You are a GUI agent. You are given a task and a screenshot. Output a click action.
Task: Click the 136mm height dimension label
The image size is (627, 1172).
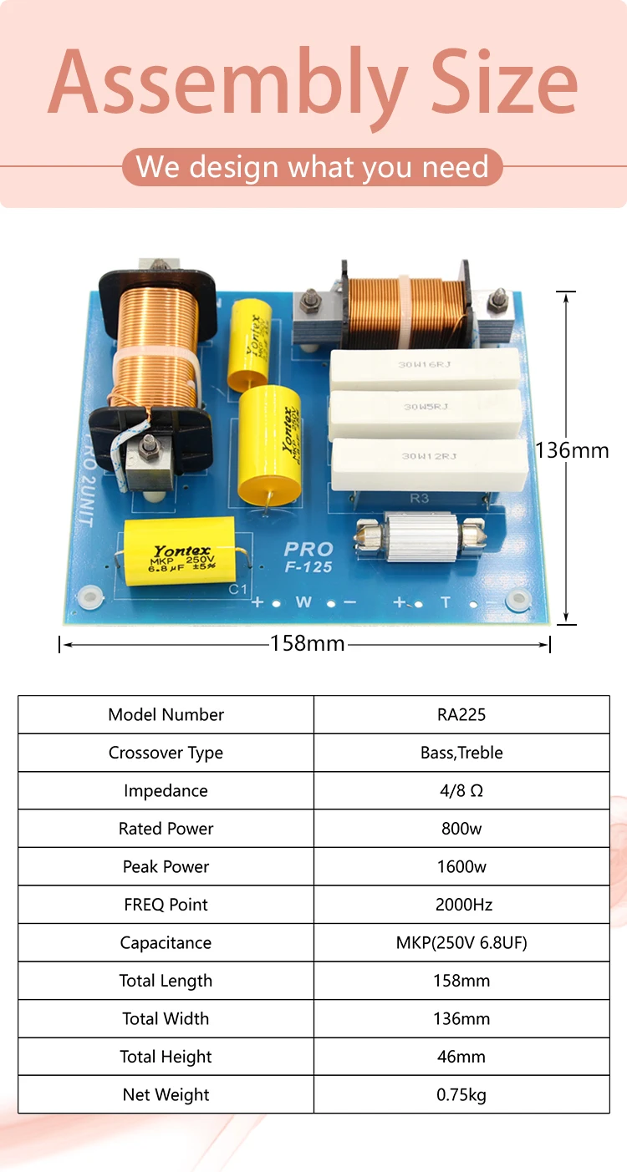(x=573, y=450)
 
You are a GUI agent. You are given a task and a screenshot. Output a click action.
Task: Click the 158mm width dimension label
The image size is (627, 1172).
(x=307, y=643)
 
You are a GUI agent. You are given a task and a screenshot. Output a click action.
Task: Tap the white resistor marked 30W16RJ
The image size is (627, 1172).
(x=426, y=368)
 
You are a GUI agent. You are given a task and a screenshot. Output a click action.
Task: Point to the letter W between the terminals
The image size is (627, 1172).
(x=303, y=601)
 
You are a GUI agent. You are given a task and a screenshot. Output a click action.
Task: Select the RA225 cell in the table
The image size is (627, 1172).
(x=461, y=715)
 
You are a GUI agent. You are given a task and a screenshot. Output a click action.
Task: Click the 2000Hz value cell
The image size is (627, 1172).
(x=461, y=905)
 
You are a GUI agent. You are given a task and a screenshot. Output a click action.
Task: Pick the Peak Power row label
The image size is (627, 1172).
(x=166, y=867)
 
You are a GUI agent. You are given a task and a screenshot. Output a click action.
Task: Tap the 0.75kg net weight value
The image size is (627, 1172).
(x=461, y=1094)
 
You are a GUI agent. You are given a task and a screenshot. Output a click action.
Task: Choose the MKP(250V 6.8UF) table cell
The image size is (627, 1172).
(x=461, y=943)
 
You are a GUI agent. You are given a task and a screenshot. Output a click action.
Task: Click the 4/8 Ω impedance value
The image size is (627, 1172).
(x=461, y=791)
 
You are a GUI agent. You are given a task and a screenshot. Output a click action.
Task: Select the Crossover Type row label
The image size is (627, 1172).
(x=166, y=753)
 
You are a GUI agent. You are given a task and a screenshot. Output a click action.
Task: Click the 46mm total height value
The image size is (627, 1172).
(x=461, y=1057)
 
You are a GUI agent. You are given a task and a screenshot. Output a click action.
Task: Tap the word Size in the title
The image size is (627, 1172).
(x=504, y=84)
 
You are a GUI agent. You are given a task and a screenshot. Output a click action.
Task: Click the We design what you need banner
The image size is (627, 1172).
(x=313, y=167)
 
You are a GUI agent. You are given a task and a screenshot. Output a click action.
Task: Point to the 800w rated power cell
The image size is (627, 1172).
(x=461, y=829)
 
